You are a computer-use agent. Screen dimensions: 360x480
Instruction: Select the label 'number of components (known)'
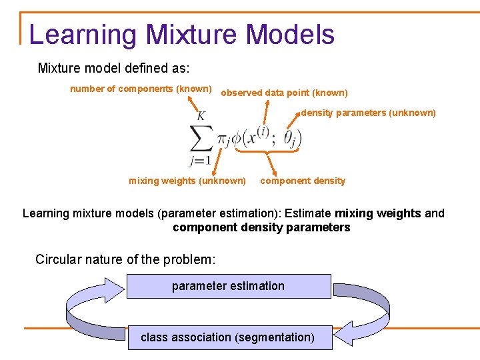click(x=141, y=89)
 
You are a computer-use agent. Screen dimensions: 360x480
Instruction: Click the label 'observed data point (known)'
click(x=284, y=93)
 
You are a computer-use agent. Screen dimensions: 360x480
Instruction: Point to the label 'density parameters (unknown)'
click(x=368, y=113)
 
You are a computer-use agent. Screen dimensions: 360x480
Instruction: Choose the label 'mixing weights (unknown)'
click(x=187, y=181)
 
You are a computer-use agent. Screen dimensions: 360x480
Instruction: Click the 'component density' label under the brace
click(x=303, y=181)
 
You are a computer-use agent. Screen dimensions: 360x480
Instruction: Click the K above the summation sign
click(x=201, y=116)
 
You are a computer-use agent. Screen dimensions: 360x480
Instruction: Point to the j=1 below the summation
click(x=201, y=161)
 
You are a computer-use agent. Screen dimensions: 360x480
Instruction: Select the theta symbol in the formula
click(x=291, y=137)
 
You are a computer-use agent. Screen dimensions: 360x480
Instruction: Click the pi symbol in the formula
click(x=223, y=139)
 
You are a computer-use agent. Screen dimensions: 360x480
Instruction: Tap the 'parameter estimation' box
click(x=228, y=286)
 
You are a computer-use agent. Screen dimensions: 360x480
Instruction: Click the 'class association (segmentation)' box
click(x=228, y=337)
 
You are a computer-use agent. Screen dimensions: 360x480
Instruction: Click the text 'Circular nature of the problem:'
click(x=125, y=259)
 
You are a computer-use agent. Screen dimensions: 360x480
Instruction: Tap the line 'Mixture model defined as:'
click(x=113, y=68)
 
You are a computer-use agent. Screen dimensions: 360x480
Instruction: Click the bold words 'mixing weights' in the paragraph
click(x=378, y=213)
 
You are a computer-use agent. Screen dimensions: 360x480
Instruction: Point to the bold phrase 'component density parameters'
click(x=261, y=227)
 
